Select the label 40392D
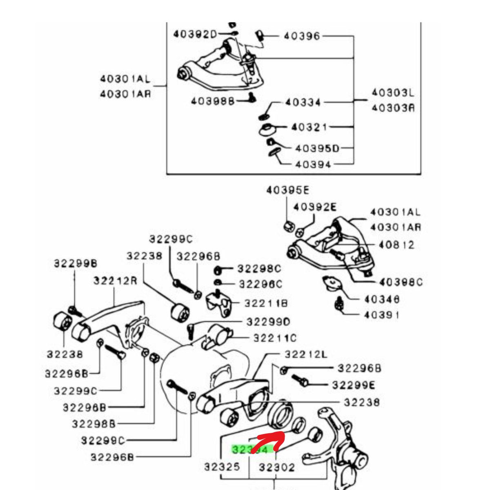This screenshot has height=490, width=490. [x=195, y=34]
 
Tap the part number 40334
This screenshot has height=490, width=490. [x=303, y=102]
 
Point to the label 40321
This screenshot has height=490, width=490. [x=309, y=127]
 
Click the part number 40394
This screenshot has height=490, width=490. [x=313, y=165]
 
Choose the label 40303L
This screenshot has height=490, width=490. [x=392, y=93]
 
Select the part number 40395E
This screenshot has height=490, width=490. [x=288, y=190]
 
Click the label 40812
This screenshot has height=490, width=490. [x=396, y=245]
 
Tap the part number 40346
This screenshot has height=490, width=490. [x=382, y=299]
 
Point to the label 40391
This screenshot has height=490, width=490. [x=382, y=315]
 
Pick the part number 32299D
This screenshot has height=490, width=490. [x=268, y=322]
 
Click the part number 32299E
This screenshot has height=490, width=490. [x=353, y=385]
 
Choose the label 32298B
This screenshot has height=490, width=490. [x=94, y=424]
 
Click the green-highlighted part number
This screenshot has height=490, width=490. [x=250, y=450]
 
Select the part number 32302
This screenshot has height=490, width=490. [x=276, y=467]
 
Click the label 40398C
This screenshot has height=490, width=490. [x=401, y=282]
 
